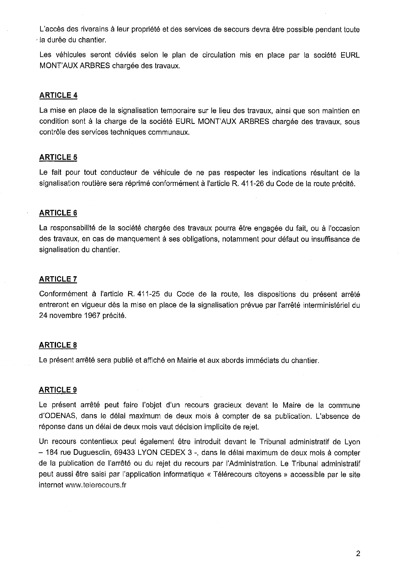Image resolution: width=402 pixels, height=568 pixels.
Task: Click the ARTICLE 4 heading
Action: click(x=58, y=96)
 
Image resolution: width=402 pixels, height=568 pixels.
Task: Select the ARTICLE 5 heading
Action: click(x=58, y=157)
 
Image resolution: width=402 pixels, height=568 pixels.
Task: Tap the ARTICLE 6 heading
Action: click(x=58, y=213)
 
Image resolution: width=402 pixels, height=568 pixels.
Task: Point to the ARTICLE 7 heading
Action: click(x=58, y=279)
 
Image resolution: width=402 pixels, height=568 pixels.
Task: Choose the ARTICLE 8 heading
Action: click(x=58, y=345)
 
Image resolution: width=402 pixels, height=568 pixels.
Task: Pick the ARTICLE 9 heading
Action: click(x=58, y=390)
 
